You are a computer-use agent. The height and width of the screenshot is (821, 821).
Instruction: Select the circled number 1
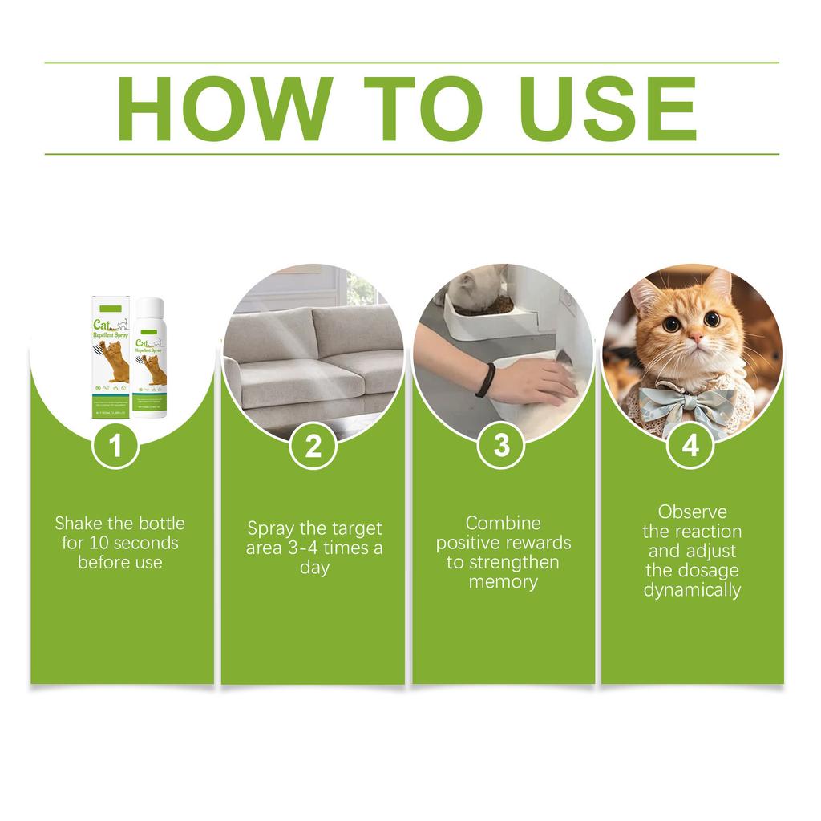pos(117,446)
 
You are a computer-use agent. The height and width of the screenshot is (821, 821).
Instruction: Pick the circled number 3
pos(502,446)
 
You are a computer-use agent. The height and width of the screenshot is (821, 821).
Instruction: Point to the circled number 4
pos(690,446)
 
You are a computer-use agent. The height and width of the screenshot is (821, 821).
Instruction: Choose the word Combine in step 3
pos(504,524)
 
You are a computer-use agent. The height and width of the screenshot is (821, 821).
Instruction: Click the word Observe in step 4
pos(692,512)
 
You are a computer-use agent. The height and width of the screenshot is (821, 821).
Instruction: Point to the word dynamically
pos(692,591)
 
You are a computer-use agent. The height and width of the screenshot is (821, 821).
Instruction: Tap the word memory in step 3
pos(504,582)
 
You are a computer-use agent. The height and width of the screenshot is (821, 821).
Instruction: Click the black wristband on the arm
pos(483,379)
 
